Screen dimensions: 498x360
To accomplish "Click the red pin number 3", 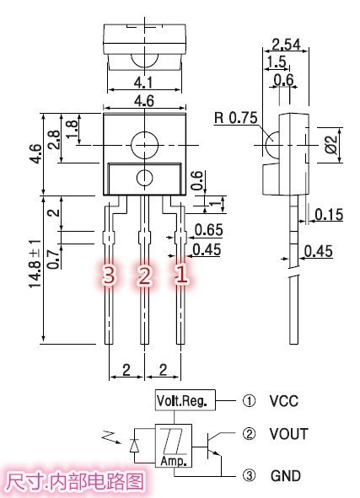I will [x=108, y=275].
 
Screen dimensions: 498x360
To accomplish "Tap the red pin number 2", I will [x=144, y=275].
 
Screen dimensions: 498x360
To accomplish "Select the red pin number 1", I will [x=180, y=275].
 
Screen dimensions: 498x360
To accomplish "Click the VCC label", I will [x=283, y=401].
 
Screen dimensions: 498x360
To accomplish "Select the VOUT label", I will [x=287, y=435].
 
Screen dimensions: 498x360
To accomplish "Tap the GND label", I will [x=286, y=476].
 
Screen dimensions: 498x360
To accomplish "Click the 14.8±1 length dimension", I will [x=35, y=265].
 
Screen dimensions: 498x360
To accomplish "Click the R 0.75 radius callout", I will [x=235, y=118].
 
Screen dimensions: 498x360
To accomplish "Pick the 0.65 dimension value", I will [x=208, y=230].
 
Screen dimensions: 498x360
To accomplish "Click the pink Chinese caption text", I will [x=76, y=483].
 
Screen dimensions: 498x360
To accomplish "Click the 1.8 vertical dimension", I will [x=73, y=128].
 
